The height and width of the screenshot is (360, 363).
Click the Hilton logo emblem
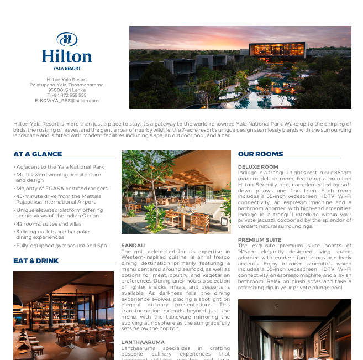pos(67,39)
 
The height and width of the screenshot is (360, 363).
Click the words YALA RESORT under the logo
pos(67,68)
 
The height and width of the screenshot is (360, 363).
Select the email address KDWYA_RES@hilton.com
pos(67,101)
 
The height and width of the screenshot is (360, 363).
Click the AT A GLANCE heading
pos(38,154)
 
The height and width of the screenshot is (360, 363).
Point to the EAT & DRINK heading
pos(36,261)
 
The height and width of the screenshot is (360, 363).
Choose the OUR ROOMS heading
pos(260,154)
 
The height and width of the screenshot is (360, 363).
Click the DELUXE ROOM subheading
pos(258,167)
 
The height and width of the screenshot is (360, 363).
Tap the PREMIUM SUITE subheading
pos(260,240)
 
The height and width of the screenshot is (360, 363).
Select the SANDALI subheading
pos(133,245)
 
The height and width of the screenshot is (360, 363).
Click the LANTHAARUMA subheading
pos(143,342)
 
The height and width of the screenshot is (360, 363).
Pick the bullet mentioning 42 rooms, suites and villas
pos(49,224)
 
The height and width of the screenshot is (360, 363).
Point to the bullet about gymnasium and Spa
pos(61,246)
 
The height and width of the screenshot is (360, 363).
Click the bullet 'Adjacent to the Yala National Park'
pos(60,167)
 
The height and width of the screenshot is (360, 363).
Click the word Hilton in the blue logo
pos(67,56)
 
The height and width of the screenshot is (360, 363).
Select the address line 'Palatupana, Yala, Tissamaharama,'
pos(67,85)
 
